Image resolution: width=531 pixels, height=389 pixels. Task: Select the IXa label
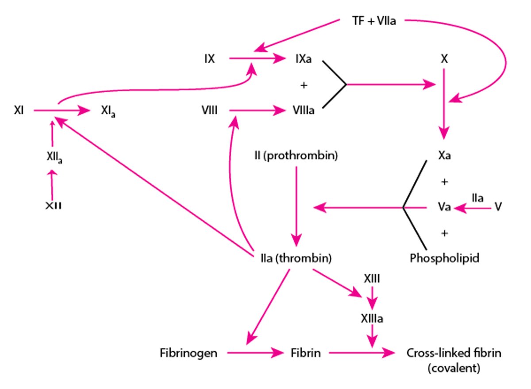(x=303, y=59)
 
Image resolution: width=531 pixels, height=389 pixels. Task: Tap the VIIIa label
(x=303, y=110)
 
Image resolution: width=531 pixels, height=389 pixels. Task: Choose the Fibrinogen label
(x=189, y=353)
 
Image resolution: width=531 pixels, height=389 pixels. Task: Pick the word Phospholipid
(x=444, y=258)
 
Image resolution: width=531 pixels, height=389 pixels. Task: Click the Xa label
(x=445, y=156)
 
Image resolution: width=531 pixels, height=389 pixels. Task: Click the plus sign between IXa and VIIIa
(x=303, y=85)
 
